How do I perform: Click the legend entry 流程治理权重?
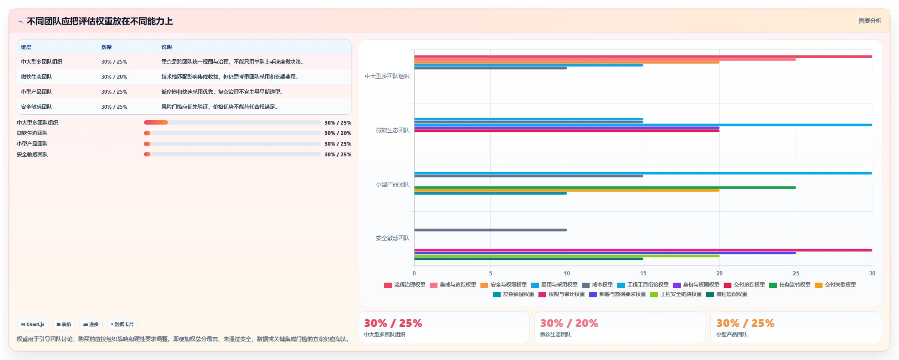click(x=404, y=285)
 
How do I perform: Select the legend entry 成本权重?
click(x=597, y=285)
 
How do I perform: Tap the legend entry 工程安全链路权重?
click(x=676, y=294)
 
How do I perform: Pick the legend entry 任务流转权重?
click(x=789, y=285)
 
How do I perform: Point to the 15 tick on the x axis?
click(x=643, y=273)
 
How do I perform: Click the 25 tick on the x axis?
click(x=795, y=273)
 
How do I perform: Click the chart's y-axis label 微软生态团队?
click(x=392, y=130)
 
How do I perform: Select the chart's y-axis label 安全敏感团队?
click(x=392, y=238)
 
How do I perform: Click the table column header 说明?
click(x=166, y=47)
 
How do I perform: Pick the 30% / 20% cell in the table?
click(x=114, y=77)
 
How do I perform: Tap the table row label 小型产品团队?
click(x=37, y=92)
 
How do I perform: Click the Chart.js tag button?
click(x=33, y=324)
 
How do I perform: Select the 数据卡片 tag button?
click(x=122, y=324)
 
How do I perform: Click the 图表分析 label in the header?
click(x=870, y=21)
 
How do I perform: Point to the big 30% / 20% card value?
click(x=569, y=323)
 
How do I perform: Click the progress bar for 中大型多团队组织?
click(x=232, y=122)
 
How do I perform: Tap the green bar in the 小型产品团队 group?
click(x=605, y=187)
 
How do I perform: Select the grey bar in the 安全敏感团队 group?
click(x=490, y=230)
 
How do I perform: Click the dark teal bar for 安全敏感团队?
click(x=529, y=259)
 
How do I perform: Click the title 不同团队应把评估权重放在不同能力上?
click(x=100, y=21)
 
